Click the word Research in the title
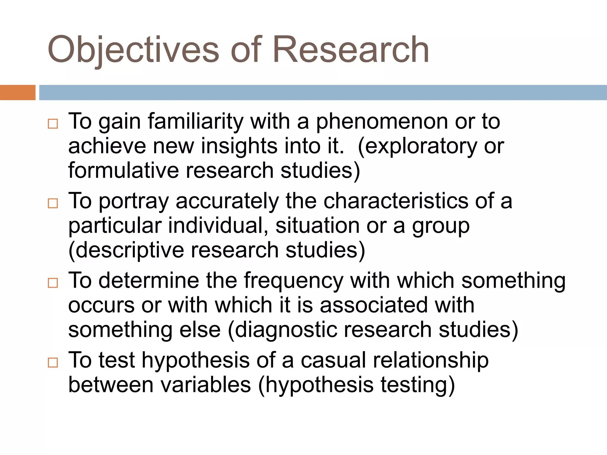pos(351,50)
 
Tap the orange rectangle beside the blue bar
pos(17,92)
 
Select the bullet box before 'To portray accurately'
pos(53,203)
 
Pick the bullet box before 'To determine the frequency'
pos(53,283)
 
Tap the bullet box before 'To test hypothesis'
pos(53,362)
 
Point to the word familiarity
pos(196,121)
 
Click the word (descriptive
pos(126,251)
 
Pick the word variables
pos(206,385)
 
